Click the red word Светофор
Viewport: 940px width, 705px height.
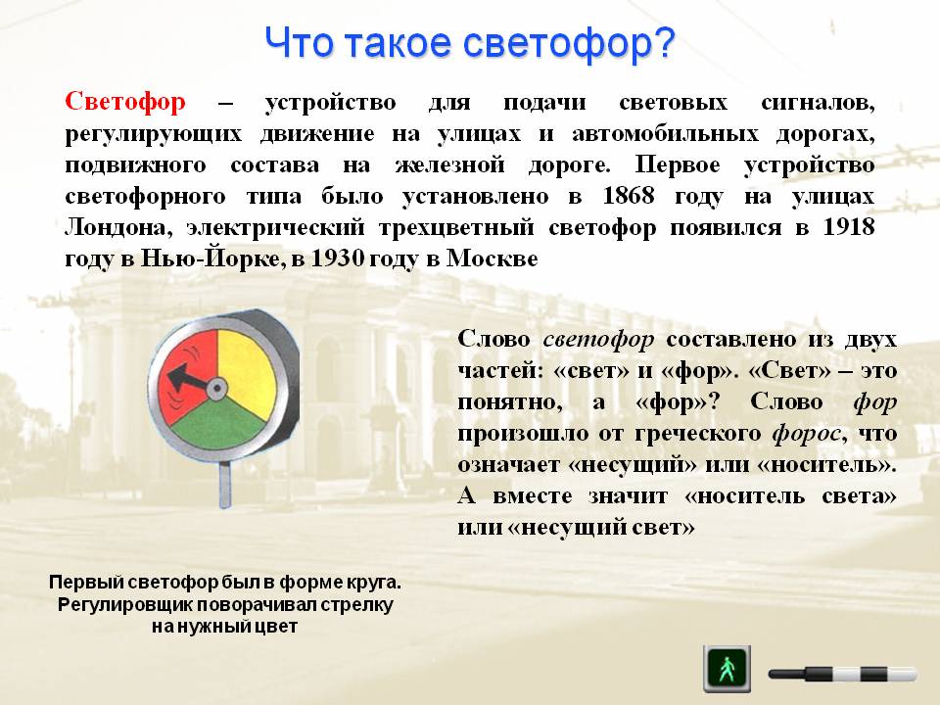click(x=125, y=102)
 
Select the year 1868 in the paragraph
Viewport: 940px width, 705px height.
click(x=629, y=196)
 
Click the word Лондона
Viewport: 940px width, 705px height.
click(x=115, y=228)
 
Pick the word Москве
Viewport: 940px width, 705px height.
click(x=493, y=258)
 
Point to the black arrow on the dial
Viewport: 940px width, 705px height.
click(x=190, y=380)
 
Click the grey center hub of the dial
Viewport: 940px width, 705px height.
click(x=216, y=389)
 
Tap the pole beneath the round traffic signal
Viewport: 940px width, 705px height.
click(x=225, y=485)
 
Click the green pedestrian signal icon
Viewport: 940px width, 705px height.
click(x=727, y=669)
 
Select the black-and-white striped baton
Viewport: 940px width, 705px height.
click(x=842, y=674)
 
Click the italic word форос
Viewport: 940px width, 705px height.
click(x=810, y=433)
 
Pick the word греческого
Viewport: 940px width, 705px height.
click(x=687, y=434)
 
